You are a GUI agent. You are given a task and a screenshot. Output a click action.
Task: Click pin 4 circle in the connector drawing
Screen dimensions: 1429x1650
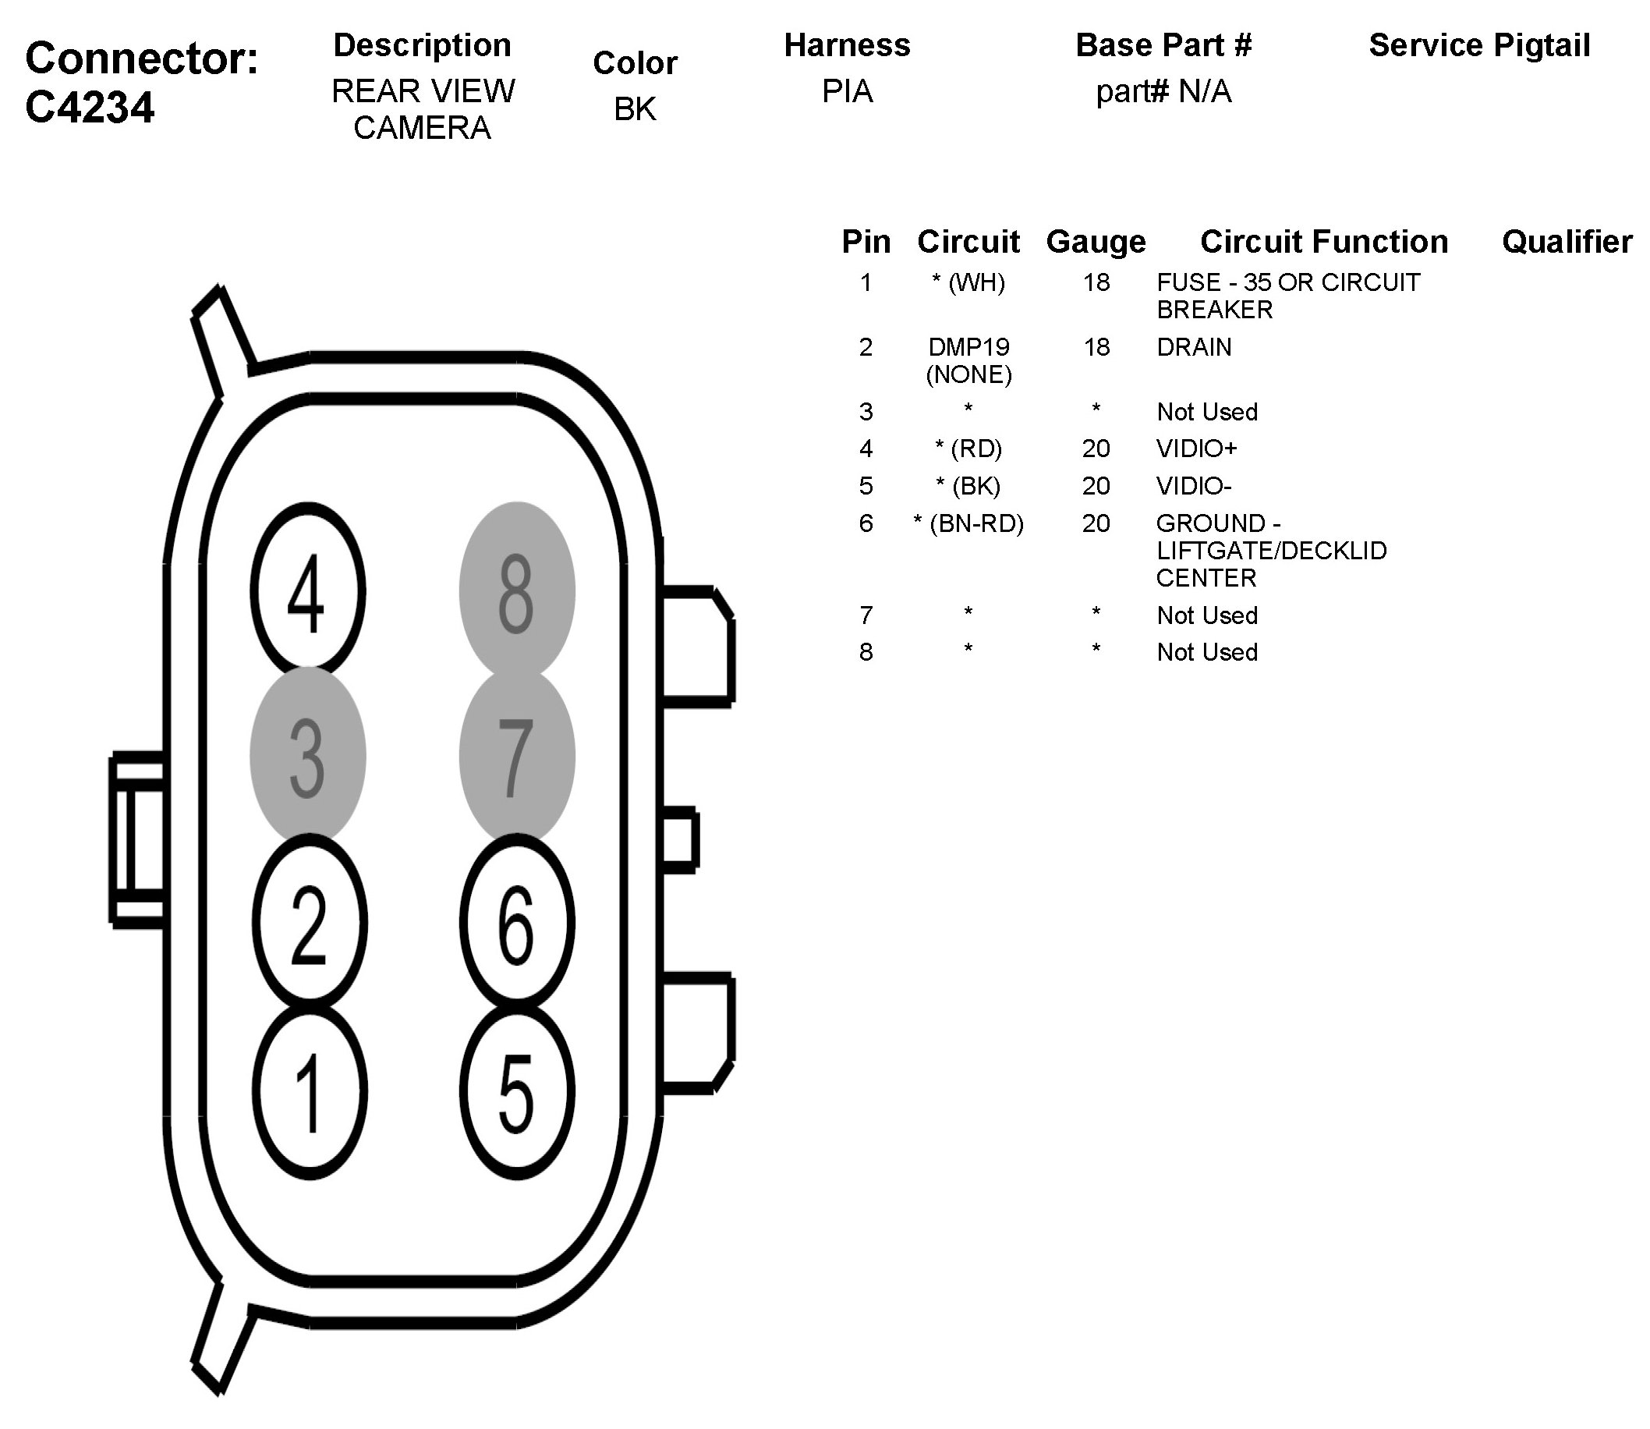pyautogui.click(x=308, y=591)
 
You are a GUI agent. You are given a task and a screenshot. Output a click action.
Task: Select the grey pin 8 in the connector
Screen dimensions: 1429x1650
pyautogui.click(x=516, y=591)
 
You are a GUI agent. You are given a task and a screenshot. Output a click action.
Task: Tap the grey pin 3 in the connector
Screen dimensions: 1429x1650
pyautogui.click(x=308, y=755)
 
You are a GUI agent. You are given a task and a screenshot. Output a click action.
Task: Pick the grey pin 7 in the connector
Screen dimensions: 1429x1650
pyautogui.click(x=516, y=755)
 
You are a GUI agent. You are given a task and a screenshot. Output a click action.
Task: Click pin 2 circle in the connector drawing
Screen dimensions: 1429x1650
pyautogui.click(x=310, y=924)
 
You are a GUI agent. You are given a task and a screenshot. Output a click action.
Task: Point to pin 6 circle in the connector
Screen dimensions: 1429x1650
pyautogui.click(x=516, y=924)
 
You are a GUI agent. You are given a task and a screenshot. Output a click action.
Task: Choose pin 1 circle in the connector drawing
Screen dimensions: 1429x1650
pyautogui.click(x=310, y=1091)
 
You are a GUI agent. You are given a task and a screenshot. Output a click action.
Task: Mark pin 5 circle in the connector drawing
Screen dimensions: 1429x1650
pyautogui.click(x=516, y=1091)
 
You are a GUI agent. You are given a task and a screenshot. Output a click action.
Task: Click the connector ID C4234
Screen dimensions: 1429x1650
pyautogui.click(x=89, y=107)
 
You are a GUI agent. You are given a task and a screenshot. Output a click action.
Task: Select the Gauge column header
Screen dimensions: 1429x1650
pyautogui.click(x=1096, y=242)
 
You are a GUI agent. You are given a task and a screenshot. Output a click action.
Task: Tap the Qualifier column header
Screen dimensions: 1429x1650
pyautogui.click(x=1567, y=242)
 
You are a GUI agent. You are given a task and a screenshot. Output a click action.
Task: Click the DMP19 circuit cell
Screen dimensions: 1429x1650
pyautogui.click(x=968, y=348)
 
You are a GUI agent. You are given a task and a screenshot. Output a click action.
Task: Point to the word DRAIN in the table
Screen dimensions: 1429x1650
pyautogui.click(x=1193, y=348)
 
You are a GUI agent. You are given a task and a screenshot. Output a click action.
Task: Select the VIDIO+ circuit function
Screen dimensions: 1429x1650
pyautogui.click(x=1195, y=449)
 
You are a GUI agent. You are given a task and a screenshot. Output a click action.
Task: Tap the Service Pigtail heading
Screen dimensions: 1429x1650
pyautogui.click(x=1478, y=45)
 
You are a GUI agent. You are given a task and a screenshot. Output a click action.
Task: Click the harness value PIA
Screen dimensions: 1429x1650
pyautogui.click(x=847, y=92)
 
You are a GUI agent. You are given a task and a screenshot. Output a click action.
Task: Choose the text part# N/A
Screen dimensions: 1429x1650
pyautogui.click(x=1163, y=92)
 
